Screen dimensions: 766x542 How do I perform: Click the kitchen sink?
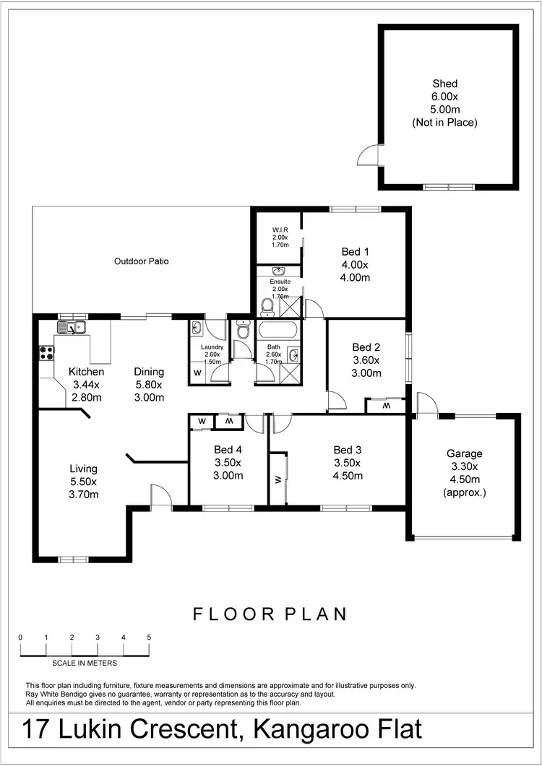tap(72, 328)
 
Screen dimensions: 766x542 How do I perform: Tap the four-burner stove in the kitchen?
tap(47, 353)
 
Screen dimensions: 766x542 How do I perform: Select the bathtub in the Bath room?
tap(278, 331)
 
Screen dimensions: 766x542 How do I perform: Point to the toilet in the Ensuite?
tap(267, 308)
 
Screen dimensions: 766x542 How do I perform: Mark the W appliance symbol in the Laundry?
tap(197, 373)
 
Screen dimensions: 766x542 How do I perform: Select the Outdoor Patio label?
tap(142, 261)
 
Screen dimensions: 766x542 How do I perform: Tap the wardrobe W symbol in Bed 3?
tap(278, 479)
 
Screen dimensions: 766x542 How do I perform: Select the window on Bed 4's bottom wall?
tap(228, 508)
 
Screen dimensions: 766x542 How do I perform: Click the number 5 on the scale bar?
tap(149, 637)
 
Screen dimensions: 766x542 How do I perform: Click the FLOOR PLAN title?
tap(270, 614)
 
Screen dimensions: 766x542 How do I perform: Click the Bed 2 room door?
tap(335, 401)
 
